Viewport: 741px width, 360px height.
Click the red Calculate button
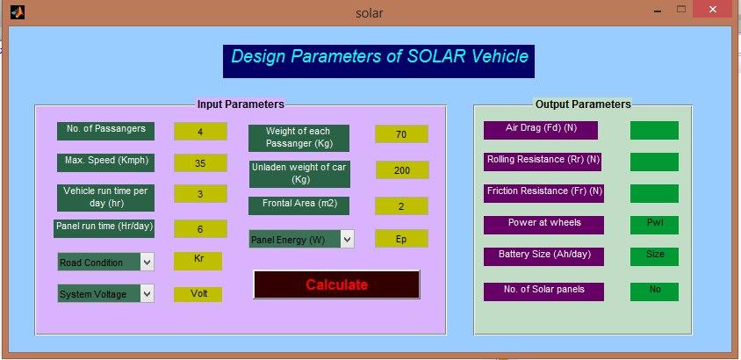tap(336, 284)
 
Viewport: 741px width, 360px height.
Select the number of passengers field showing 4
tap(200, 132)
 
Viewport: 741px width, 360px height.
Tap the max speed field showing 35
tap(200, 163)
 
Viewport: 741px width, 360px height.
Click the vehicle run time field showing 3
tap(200, 194)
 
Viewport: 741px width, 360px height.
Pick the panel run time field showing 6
tap(200, 228)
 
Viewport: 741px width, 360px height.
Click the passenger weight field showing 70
tap(401, 133)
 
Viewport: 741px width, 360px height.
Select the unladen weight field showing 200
tap(402, 170)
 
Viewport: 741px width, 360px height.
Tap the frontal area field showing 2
tap(401, 205)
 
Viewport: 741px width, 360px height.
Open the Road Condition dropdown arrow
tap(147, 263)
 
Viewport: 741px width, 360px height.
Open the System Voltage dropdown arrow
tap(147, 293)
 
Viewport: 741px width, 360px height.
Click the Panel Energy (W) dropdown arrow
tap(348, 239)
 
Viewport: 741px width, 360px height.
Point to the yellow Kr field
tap(198, 261)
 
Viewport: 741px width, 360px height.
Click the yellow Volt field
tap(198, 294)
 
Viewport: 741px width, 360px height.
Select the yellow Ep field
tap(401, 239)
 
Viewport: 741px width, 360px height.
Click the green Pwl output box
tap(654, 225)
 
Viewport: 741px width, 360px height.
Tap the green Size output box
tap(654, 256)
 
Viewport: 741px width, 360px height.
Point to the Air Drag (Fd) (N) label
tap(541, 130)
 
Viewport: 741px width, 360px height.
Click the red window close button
tap(713, 10)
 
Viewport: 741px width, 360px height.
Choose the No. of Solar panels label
tap(543, 292)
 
